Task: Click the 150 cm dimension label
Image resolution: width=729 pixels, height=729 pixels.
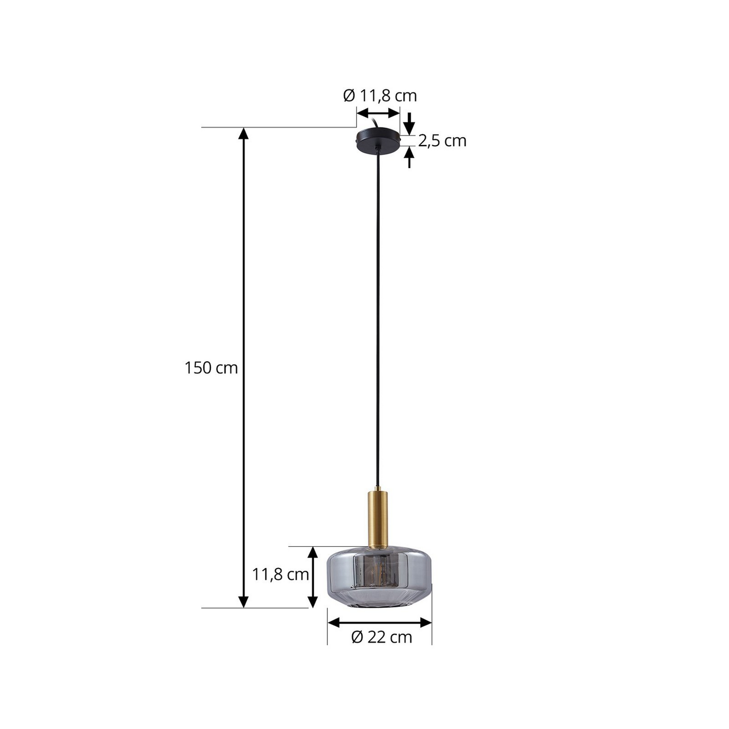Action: click(x=211, y=368)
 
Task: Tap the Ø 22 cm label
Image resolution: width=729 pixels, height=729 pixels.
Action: click(x=382, y=637)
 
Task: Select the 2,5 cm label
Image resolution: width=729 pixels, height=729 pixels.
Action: click(x=442, y=141)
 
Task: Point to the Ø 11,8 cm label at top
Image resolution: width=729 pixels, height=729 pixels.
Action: click(x=380, y=95)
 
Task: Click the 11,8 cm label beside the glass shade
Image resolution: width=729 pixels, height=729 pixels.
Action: click(x=281, y=574)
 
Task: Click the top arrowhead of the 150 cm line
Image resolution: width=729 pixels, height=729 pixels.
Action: click(x=243, y=133)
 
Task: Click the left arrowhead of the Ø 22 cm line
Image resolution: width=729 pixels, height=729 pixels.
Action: click(x=333, y=622)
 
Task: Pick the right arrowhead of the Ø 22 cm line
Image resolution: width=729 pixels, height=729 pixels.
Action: click(x=426, y=622)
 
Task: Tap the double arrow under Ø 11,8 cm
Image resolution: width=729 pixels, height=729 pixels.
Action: click(x=378, y=113)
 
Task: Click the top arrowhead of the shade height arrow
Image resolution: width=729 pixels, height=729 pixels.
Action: click(x=313, y=552)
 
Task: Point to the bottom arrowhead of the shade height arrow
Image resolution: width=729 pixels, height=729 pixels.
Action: click(x=313, y=601)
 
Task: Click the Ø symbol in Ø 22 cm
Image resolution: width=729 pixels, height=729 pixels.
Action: click(x=357, y=637)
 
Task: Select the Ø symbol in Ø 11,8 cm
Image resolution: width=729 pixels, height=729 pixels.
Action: click(x=349, y=95)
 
